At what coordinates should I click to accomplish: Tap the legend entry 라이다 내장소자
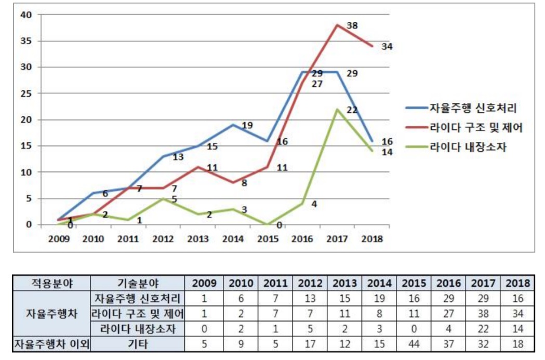pyautogui.click(x=468, y=147)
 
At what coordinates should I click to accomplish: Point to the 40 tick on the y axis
pyautogui.click(x=26, y=15)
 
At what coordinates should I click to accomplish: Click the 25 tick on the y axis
pyautogui.click(x=26, y=94)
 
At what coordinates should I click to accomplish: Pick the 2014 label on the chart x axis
pyautogui.click(x=233, y=239)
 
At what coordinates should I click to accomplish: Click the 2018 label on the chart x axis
pyautogui.click(x=371, y=239)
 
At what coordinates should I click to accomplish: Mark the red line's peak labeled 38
pyautogui.click(x=337, y=25)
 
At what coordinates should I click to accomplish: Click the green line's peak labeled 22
pyautogui.click(x=337, y=109)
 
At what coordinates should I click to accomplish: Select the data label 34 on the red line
pyautogui.click(x=386, y=47)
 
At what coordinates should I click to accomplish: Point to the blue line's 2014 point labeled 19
pyautogui.click(x=233, y=125)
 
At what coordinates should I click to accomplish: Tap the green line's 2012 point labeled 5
pyautogui.click(x=163, y=198)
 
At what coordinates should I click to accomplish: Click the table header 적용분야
pyautogui.click(x=51, y=284)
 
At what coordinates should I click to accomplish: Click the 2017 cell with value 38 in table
pyautogui.click(x=483, y=314)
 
